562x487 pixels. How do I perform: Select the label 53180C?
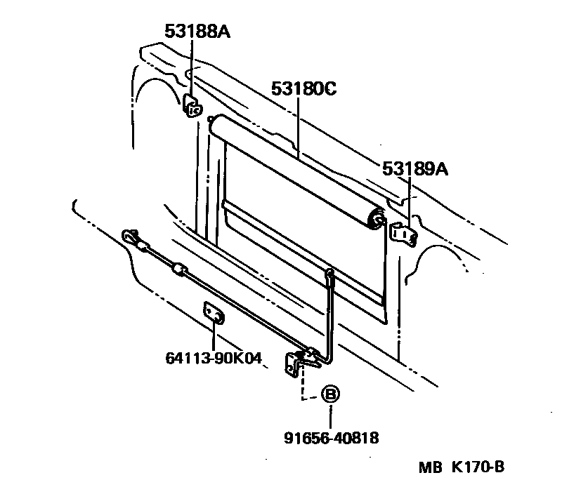pos(304,89)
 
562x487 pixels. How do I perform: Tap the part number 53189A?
pos(415,168)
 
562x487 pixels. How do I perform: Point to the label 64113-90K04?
pos(214,359)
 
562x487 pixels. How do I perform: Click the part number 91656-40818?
pos(332,439)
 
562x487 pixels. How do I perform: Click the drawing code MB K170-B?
pos(463,467)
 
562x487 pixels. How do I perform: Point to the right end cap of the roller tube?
pos(378,217)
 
